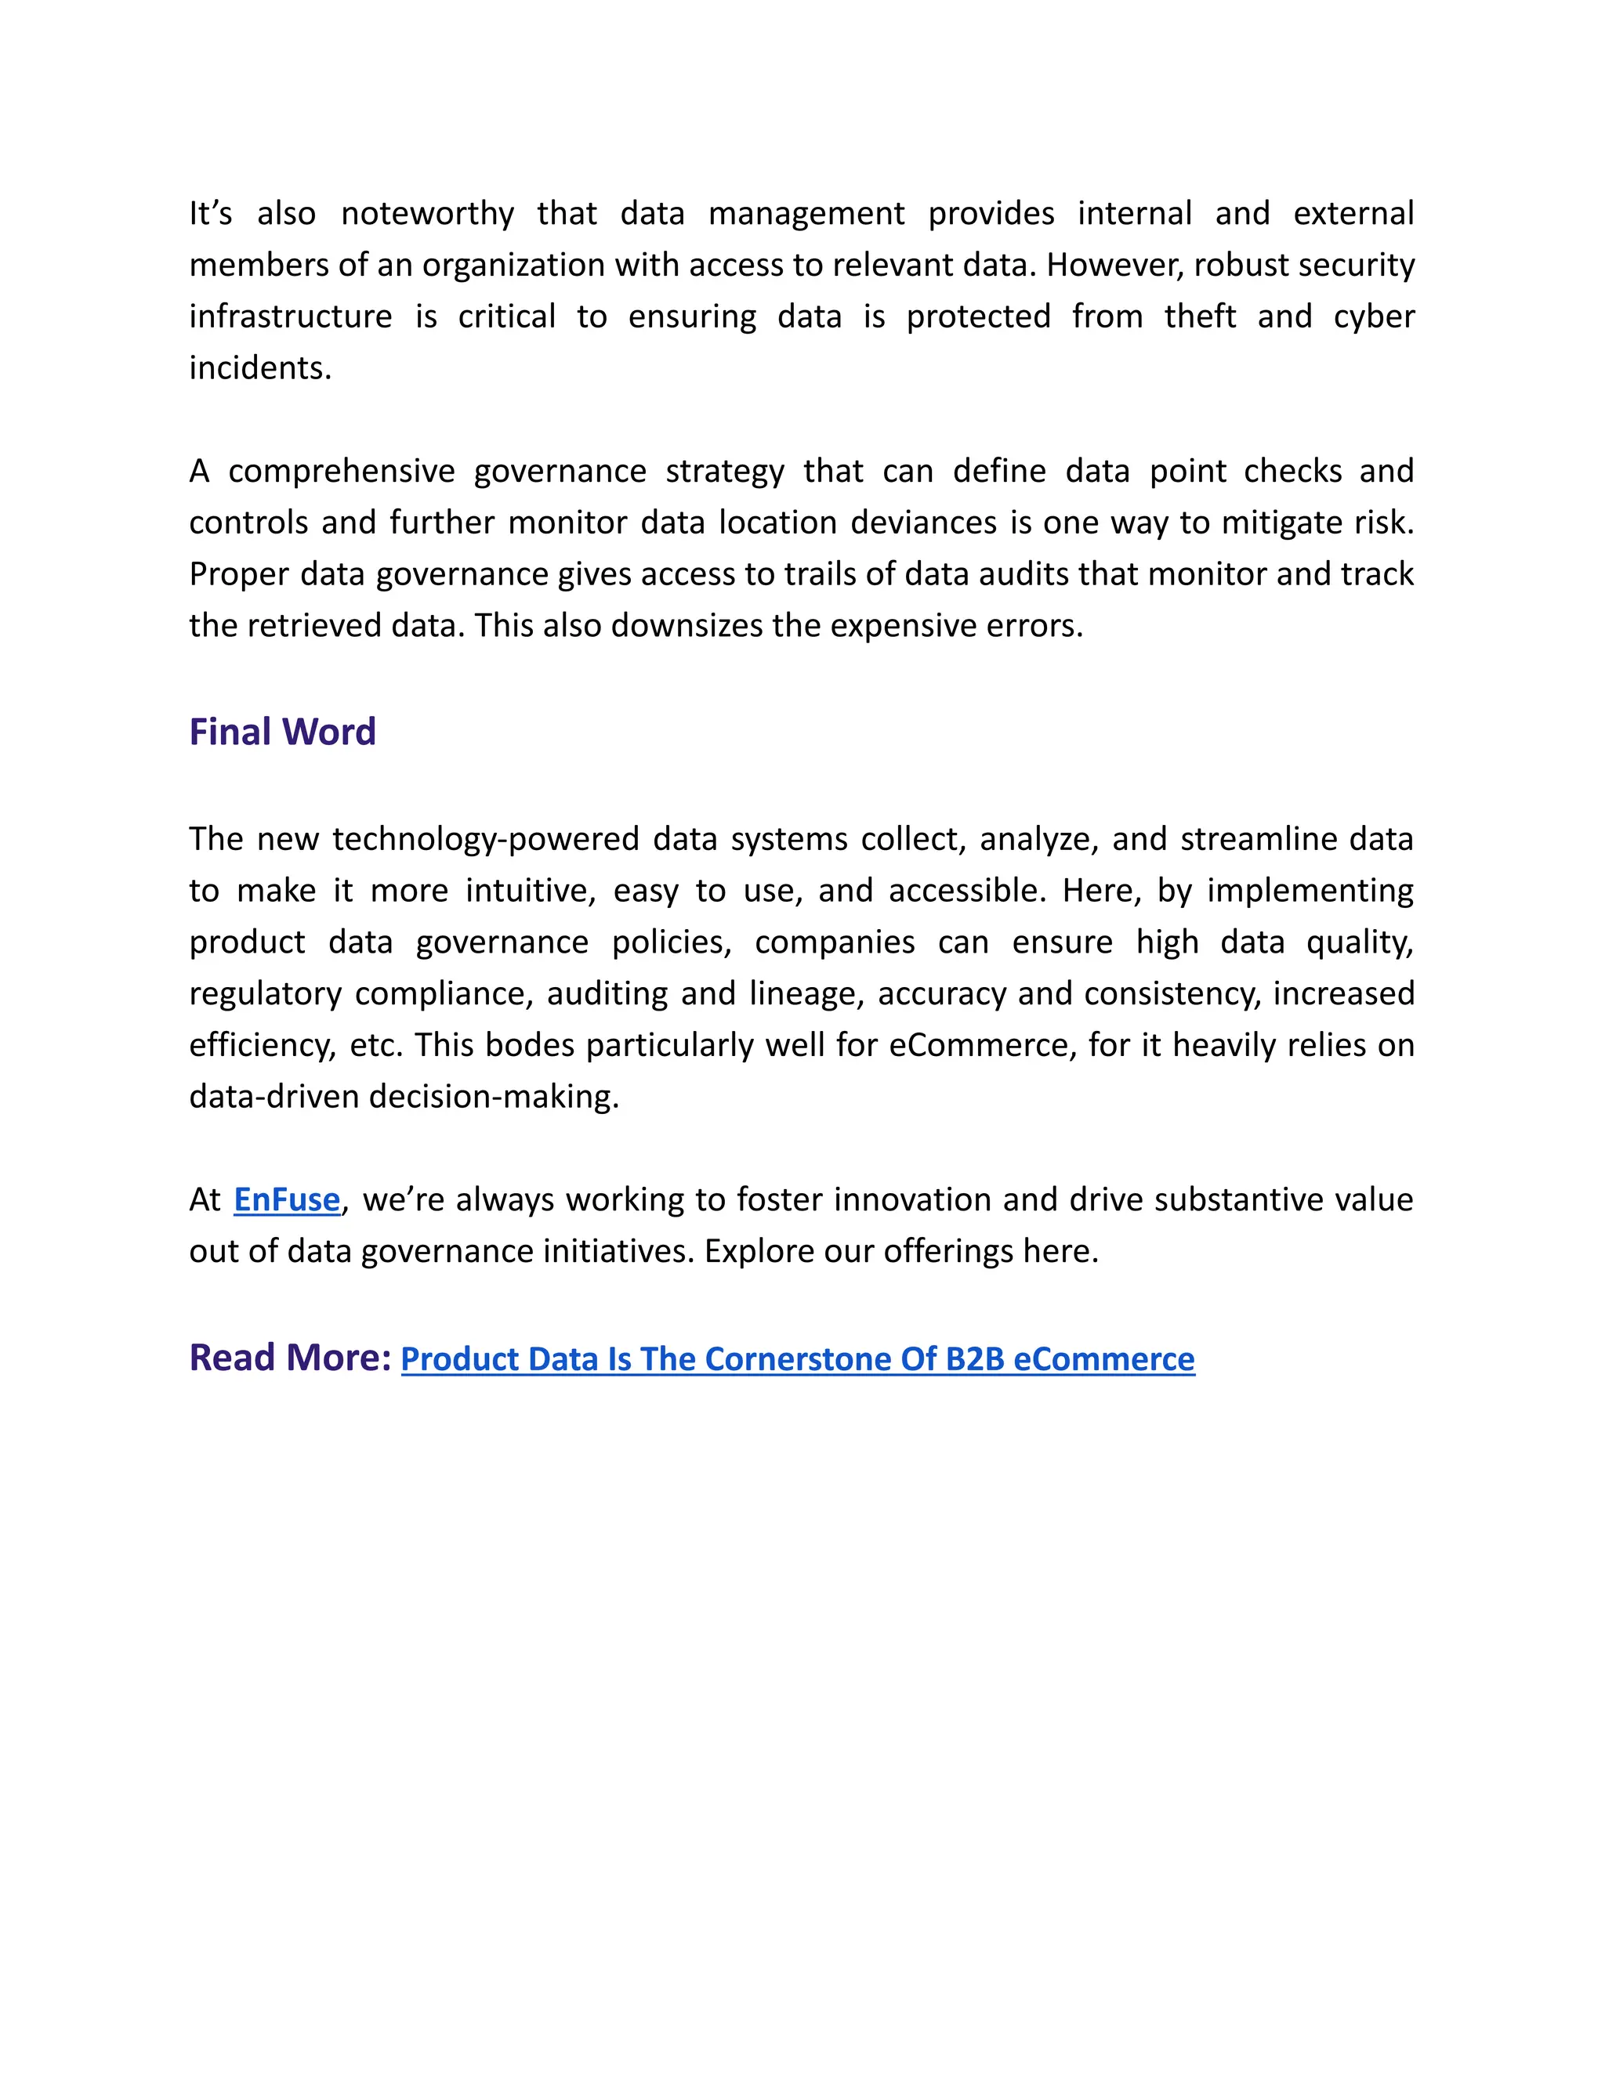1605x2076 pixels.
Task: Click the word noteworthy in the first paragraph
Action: [x=427, y=214]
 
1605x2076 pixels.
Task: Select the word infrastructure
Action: [x=290, y=316]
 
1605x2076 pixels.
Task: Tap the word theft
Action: [x=1200, y=316]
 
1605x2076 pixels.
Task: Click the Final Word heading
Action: [x=282, y=732]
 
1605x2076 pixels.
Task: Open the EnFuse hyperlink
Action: [x=286, y=1199]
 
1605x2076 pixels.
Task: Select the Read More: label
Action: [x=290, y=1358]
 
